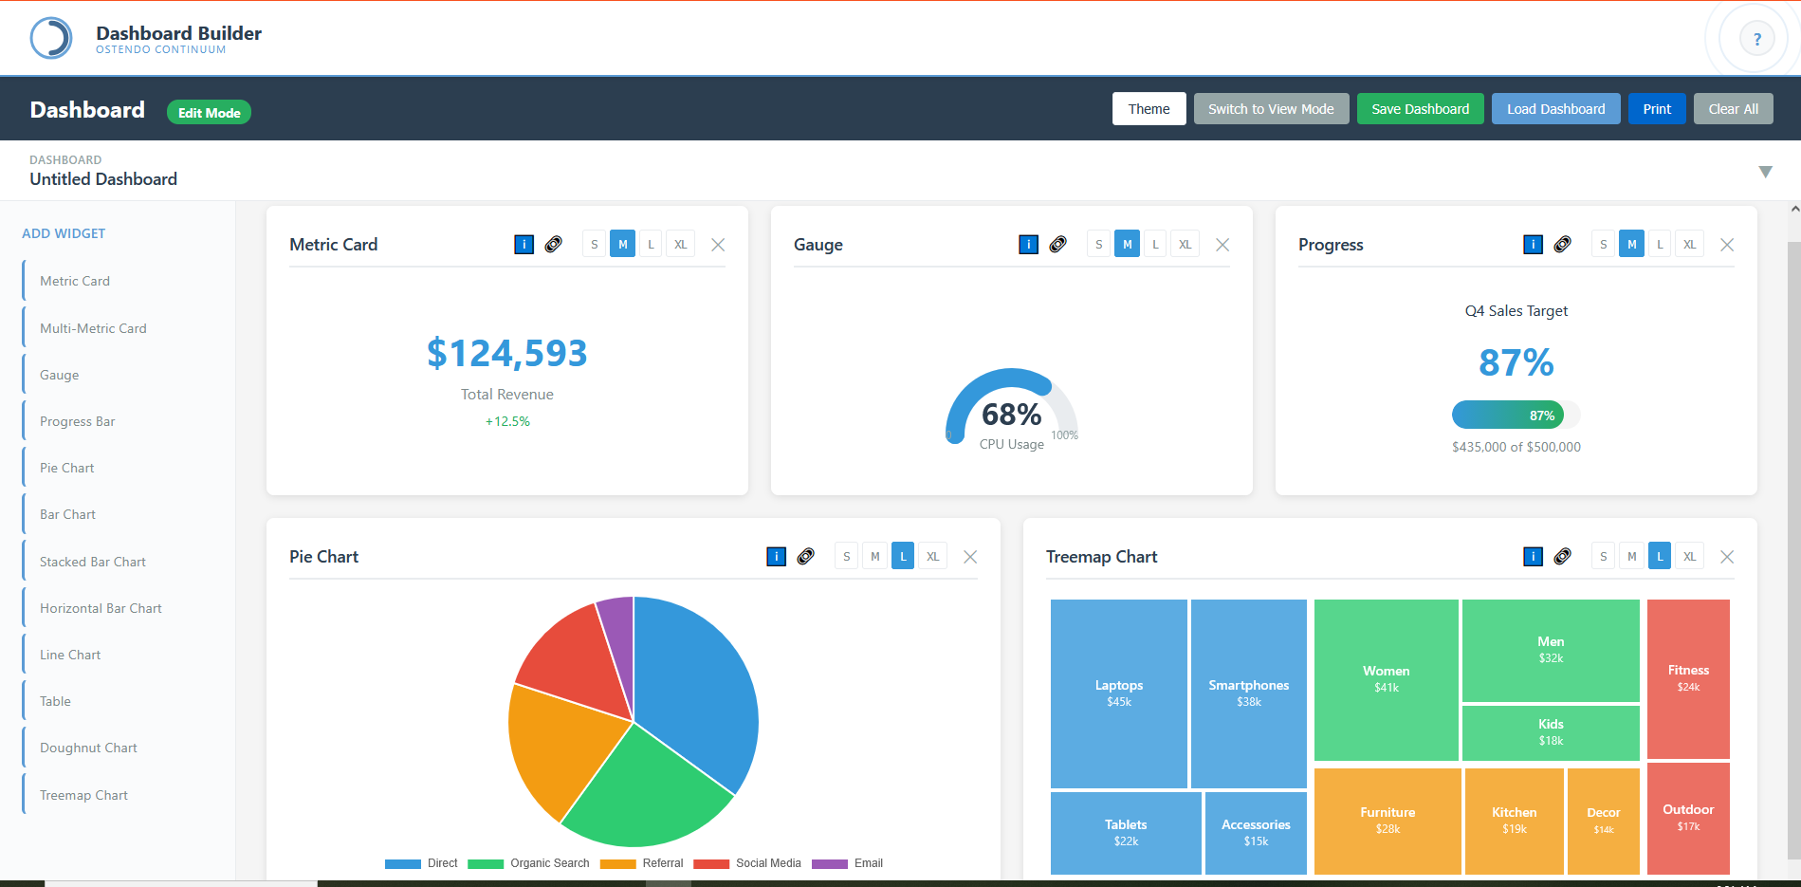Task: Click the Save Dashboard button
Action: pyautogui.click(x=1420, y=109)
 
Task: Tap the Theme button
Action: pyautogui.click(x=1149, y=109)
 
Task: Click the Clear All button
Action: pyautogui.click(x=1733, y=109)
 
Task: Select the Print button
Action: pyautogui.click(x=1657, y=109)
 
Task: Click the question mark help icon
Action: pyautogui.click(x=1756, y=40)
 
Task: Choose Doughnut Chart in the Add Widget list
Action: pyautogui.click(x=88, y=748)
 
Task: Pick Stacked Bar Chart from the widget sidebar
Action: pyautogui.click(x=93, y=562)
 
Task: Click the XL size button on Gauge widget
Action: pyautogui.click(x=1185, y=245)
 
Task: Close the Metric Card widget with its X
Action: pyautogui.click(x=718, y=245)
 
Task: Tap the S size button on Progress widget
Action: pyautogui.click(x=1603, y=245)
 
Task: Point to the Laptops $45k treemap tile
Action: pyautogui.click(x=1118, y=693)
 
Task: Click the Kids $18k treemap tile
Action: pyautogui.click(x=1551, y=732)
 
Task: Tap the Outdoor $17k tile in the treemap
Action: pyautogui.click(x=1688, y=817)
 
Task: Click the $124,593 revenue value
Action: pyautogui.click(x=506, y=354)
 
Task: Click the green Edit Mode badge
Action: pyautogui.click(x=209, y=113)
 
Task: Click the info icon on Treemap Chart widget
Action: pyautogui.click(x=1533, y=557)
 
